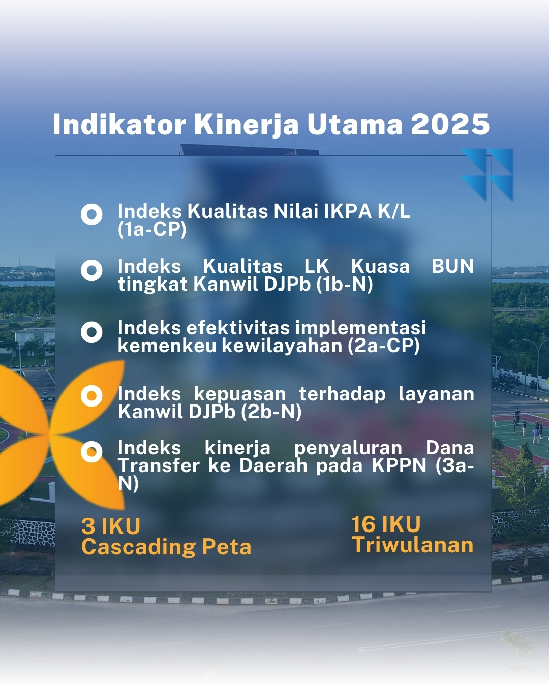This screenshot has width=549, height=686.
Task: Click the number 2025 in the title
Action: [x=450, y=124]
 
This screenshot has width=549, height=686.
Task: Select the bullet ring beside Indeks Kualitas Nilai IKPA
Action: [x=91, y=214]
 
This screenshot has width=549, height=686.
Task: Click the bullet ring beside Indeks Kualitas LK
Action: [x=91, y=270]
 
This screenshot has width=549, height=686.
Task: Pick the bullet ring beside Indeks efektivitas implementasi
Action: [x=91, y=332]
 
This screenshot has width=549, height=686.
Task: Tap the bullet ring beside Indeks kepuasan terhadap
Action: [x=91, y=396]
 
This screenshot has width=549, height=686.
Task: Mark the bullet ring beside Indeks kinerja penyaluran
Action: [x=91, y=452]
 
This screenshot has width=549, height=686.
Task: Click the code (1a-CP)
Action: [x=152, y=229]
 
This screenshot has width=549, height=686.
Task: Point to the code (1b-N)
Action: [x=345, y=285]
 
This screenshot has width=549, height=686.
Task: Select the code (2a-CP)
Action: [x=383, y=346]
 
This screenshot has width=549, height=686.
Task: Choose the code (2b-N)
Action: [x=271, y=412]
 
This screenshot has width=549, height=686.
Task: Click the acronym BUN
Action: [x=452, y=266]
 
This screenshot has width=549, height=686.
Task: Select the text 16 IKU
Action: [x=386, y=524]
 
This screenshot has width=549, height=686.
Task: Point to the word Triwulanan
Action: [x=413, y=545]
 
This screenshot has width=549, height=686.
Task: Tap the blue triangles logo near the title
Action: [x=487, y=175]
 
